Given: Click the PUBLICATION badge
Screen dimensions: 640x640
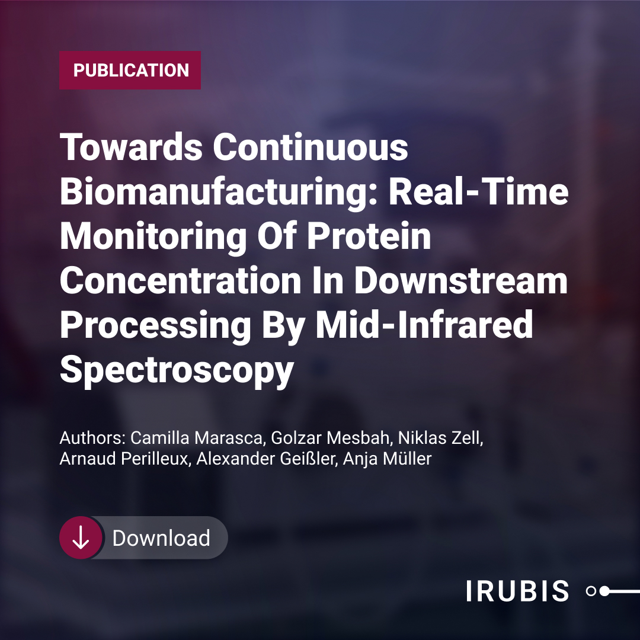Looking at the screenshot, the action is point(130,70).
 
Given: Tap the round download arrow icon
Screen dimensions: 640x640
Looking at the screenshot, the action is point(81,537).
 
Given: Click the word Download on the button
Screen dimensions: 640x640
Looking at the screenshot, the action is point(161,538).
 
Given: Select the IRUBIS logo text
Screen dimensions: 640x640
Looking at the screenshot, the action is point(517,591).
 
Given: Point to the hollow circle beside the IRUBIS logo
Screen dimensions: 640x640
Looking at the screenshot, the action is point(591,591).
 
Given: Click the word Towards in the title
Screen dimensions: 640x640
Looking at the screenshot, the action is point(131,147).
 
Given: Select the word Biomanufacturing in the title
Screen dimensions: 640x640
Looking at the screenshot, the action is point(219,191).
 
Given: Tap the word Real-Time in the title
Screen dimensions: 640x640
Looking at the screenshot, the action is point(478,191).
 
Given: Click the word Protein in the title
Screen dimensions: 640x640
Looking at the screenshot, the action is point(369,236).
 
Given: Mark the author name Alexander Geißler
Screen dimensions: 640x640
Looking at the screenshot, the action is point(267,459).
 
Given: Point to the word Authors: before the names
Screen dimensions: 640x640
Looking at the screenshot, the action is point(92,438).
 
